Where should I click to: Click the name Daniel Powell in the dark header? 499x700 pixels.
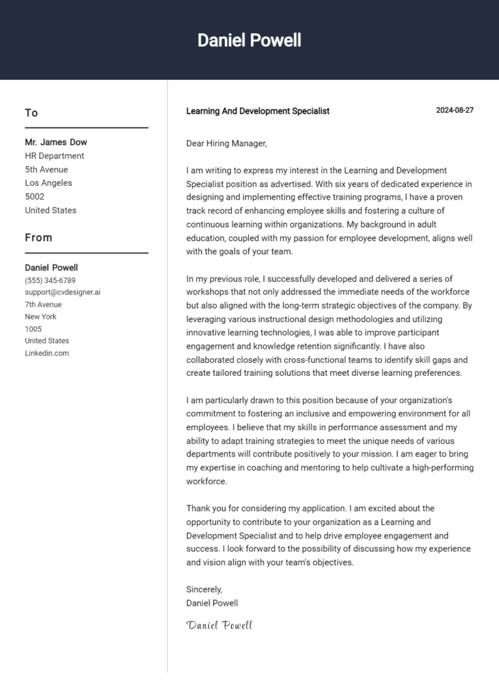point(249,40)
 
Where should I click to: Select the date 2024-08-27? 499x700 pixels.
point(455,111)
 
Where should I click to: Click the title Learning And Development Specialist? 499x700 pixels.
point(258,111)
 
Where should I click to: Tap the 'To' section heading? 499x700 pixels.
point(31,113)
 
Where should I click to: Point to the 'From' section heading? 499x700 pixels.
point(38,238)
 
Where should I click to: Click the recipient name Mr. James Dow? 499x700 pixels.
point(56,142)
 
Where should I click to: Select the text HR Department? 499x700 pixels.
point(55,156)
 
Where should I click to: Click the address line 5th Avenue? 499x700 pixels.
point(46,170)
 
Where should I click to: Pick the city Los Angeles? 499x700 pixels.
point(49,183)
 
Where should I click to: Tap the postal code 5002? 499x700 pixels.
point(35,197)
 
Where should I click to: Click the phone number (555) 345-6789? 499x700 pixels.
point(50,280)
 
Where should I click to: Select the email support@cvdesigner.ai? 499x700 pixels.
point(63,292)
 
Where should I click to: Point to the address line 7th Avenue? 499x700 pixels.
point(43,304)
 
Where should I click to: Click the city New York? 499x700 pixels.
point(40,317)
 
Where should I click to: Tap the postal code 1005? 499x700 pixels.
point(33,329)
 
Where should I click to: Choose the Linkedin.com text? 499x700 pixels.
point(47,353)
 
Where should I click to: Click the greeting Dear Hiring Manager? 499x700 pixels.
point(226,144)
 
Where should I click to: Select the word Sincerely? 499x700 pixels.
point(204,589)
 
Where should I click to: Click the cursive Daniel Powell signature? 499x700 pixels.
point(219,625)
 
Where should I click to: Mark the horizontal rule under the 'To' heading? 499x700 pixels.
point(86,128)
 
